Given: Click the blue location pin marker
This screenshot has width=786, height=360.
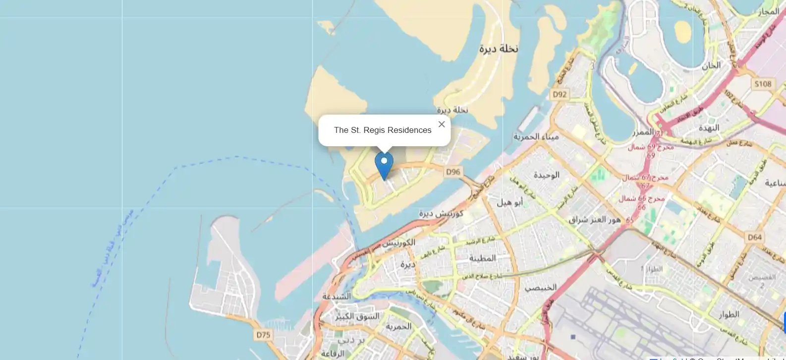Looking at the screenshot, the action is (384, 165).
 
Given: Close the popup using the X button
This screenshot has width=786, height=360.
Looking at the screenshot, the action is (442, 124).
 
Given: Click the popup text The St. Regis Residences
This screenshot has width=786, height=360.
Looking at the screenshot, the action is (383, 130).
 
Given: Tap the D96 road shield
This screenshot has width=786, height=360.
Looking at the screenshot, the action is (453, 172).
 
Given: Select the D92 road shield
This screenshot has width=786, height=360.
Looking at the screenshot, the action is (560, 94).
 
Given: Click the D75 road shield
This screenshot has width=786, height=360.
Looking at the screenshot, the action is (263, 335).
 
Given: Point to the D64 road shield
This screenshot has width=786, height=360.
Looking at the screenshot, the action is (755, 237).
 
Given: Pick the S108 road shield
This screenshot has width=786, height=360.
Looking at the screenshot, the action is (763, 84).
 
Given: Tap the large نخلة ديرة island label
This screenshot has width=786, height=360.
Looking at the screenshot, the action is (499, 49).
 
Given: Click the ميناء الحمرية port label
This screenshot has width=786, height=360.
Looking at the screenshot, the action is (536, 136).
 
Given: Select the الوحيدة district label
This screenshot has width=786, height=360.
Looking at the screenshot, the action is (547, 175).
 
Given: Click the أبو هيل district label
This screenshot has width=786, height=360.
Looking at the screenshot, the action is (510, 202).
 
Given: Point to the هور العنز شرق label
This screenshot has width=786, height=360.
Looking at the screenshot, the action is (595, 219).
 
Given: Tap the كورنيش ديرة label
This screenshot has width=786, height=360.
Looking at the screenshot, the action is (441, 213).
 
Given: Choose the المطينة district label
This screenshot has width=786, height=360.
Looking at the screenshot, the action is (482, 258).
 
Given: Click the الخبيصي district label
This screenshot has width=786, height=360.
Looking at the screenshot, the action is (541, 287).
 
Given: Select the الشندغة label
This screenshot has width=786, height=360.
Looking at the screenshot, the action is (337, 296).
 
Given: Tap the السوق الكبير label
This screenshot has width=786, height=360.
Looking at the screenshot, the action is (357, 316).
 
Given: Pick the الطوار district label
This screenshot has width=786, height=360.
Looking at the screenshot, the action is (729, 314).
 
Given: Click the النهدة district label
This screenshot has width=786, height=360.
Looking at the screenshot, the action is (709, 127).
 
